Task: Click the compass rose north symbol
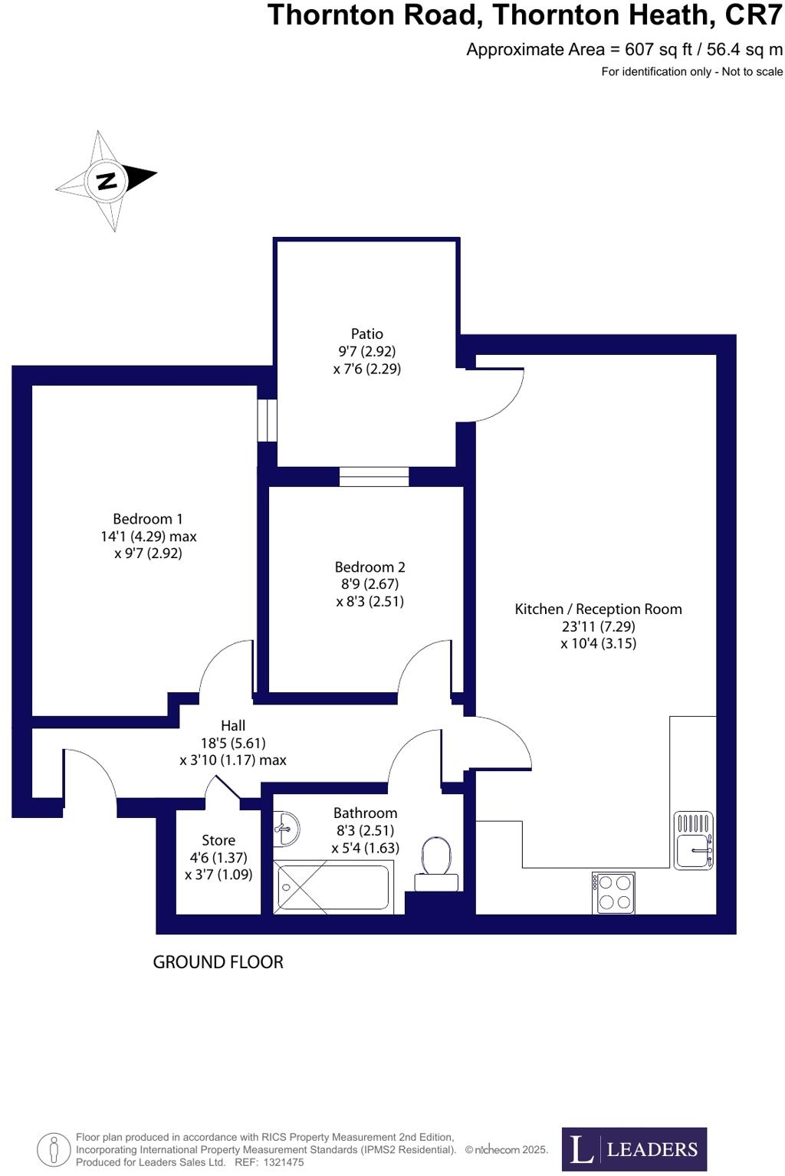[x=107, y=181]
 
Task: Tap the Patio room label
[x=366, y=334]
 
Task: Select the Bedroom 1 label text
[x=148, y=520]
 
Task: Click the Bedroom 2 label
[x=370, y=567]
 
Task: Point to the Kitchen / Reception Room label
[x=598, y=609]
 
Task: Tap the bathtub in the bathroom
[x=334, y=887]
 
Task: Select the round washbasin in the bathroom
[x=286, y=828]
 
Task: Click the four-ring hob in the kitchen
[x=614, y=892]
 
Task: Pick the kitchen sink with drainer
[x=693, y=840]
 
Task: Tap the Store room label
[x=218, y=841]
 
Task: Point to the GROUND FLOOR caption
[x=218, y=962]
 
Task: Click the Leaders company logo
[x=634, y=1149]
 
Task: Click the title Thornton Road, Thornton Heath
[x=524, y=15]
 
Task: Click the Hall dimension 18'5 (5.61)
[x=233, y=743]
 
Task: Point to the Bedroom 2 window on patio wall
[x=374, y=477]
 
